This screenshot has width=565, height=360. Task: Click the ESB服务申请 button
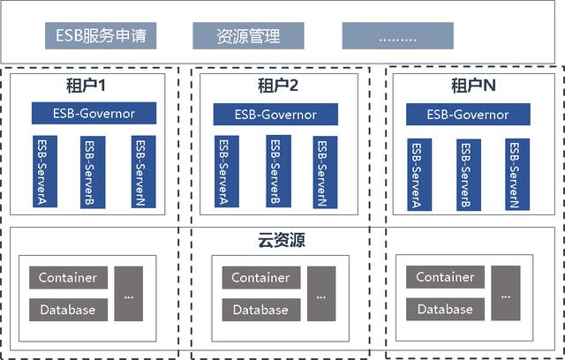[x=101, y=36]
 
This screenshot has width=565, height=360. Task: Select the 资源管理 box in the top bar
[x=248, y=36]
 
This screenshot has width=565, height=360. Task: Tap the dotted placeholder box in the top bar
[x=398, y=36]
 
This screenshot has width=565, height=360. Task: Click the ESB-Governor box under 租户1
[x=94, y=113]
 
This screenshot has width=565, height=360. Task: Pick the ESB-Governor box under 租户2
[x=278, y=113]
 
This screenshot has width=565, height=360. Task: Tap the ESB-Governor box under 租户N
[x=468, y=115]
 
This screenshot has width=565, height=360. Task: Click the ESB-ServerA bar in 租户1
[x=45, y=171]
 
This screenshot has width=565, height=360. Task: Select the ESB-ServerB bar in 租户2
[x=275, y=173]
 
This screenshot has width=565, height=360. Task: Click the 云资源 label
[x=278, y=240]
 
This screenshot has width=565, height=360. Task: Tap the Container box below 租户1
[x=68, y=277]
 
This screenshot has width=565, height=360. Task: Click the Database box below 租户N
[x=446, y=309]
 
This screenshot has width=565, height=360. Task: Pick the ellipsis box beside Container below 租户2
[x=321, y=293]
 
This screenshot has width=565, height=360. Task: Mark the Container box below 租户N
[x=446, y=276]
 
